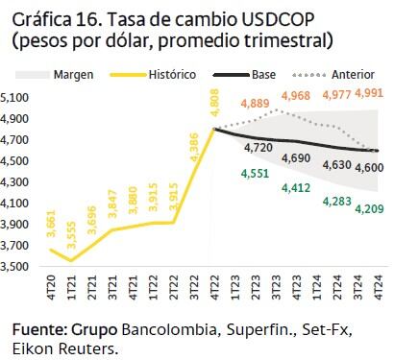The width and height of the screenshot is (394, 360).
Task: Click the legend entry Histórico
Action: tap(173, 74)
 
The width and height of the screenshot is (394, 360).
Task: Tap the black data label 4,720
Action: tap(259, 148)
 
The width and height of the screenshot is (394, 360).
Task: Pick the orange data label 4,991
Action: tap(371, 93)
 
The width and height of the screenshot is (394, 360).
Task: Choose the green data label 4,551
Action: tap(255, 174)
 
